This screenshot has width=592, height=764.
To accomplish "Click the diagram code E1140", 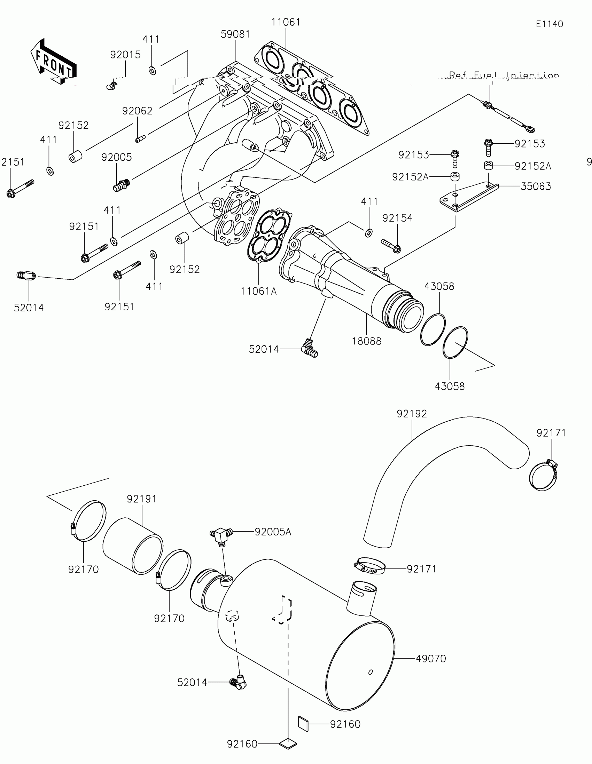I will coord(549,24).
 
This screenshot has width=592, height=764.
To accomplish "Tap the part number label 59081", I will coord(235,34).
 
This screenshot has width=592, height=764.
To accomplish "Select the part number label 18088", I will coord(366,341).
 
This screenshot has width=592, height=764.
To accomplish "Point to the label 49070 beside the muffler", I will coord(431,659).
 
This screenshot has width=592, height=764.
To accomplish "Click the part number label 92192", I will coord(412,414).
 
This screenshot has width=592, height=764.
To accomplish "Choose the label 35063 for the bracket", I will coord(535,186).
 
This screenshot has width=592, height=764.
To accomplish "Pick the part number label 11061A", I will coord(258,291).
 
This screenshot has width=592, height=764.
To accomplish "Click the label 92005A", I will coord(273,532).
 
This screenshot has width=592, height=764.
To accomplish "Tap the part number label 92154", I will coord(397,218).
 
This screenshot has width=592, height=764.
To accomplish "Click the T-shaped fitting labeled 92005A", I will coord(220,535).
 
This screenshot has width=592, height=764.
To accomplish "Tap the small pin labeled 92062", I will coord(140,139).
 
